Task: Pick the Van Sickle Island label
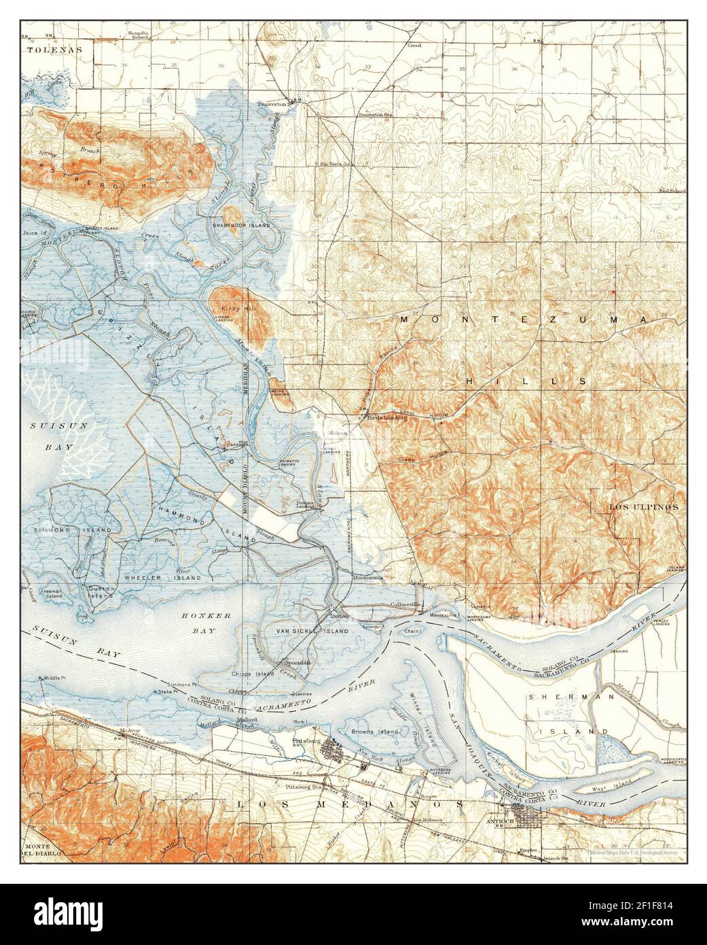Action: (310, 631)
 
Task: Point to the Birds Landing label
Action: (386, 417)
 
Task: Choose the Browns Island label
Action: (369, 732)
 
